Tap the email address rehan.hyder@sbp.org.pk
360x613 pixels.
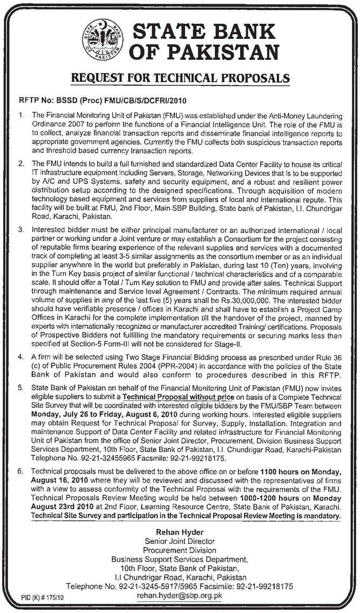click(179, 596)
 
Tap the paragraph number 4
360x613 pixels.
click(21, 358)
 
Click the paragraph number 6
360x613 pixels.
click(21, 471)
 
